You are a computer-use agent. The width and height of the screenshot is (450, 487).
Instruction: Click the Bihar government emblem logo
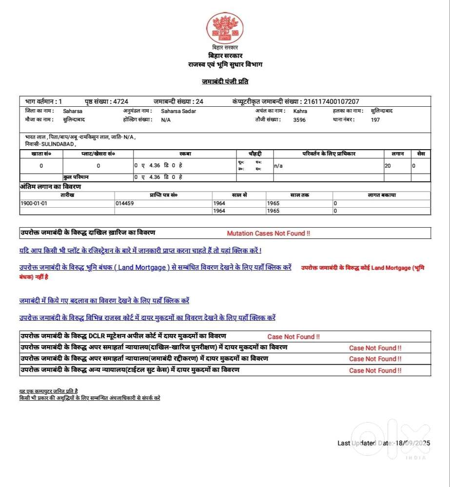[225, 28]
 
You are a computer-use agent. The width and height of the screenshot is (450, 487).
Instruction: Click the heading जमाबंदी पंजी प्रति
[225, 81]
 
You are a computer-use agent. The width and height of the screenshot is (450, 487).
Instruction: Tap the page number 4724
[120, 101]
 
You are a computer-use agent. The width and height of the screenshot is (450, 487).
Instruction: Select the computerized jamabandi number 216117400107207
[331, 101]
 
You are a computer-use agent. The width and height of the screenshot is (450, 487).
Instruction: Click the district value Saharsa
[73, 111]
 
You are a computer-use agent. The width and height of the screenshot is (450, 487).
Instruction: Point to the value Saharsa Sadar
[178, 111]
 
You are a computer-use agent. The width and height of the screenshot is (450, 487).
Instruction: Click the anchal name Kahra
[300, 111]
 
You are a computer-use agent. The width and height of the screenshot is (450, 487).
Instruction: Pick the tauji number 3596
[299, 120]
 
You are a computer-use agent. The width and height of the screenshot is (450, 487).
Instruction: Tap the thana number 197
[375, 120]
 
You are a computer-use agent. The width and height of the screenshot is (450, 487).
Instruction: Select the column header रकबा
[185, 154]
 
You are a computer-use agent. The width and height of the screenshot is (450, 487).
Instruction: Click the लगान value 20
[388, 166]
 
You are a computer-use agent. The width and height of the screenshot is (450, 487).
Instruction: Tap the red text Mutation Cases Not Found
[268, 234]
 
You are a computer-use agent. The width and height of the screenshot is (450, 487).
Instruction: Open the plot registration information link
[140, 251]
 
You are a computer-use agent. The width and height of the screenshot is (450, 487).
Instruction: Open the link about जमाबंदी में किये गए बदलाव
[104, 301]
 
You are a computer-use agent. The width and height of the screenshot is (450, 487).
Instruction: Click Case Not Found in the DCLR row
[293, 337]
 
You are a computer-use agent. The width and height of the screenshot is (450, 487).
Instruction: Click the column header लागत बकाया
[381, 195]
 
